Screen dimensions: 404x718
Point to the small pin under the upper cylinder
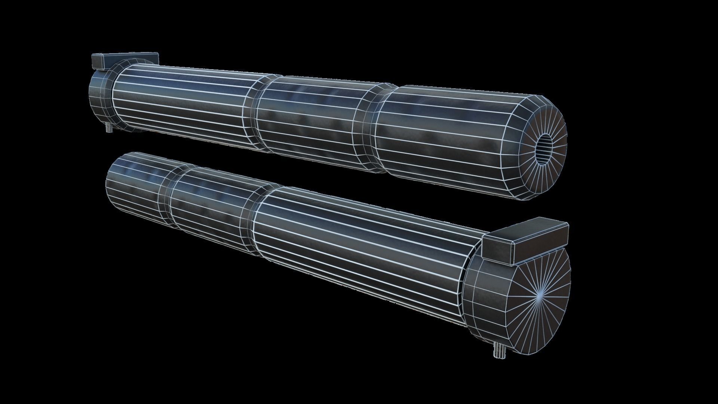[x=109, y=129]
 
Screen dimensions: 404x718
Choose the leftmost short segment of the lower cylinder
[x=131, y=187]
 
